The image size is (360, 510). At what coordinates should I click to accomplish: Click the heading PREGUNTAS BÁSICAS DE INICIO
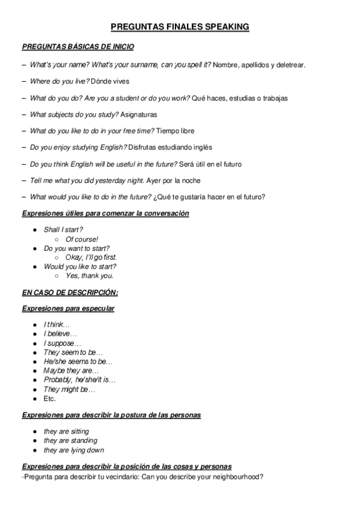click(78, 46)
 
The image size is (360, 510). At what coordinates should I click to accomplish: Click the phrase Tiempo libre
click(175, 131)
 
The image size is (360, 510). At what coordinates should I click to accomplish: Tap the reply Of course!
click(82, 239)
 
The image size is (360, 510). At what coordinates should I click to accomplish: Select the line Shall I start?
click(63, 230)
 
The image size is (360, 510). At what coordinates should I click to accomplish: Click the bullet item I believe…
click(60, 334)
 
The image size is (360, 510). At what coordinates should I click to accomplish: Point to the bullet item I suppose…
click(63, 343)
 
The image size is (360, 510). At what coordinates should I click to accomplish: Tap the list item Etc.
click(50, 398)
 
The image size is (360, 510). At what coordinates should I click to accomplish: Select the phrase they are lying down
click(73, 450)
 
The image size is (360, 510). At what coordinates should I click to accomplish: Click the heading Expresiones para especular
click(68, 309)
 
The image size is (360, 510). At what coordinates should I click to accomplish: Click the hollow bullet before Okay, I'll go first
click(56, 257)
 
